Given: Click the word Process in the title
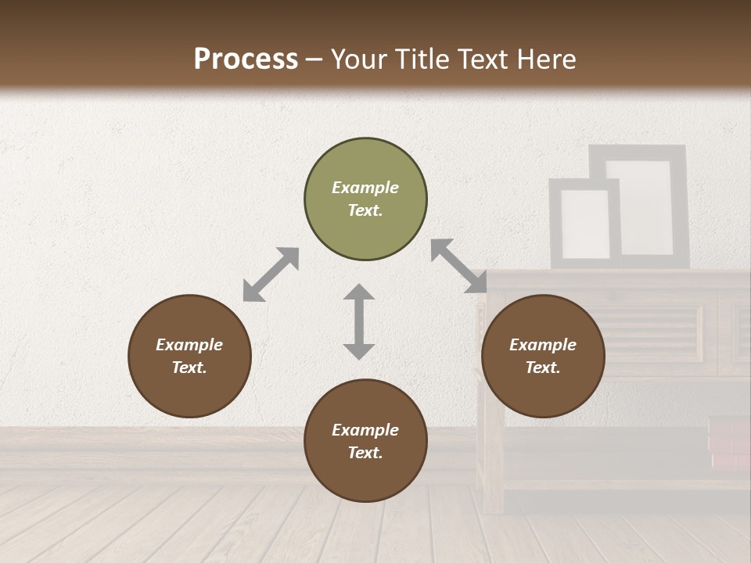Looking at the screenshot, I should pyautogui.click(x=246, y=59).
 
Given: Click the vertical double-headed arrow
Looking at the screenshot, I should pyautogui.click(x=359, y=321).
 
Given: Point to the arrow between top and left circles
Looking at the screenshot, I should pyautogui.click(x=271, y=274).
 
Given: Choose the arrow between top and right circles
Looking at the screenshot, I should pyautogui.click(x=458, y=266).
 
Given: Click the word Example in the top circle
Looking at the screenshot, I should pyautogui.click(x=365, y=188).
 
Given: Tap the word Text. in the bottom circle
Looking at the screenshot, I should pyautogui.click(x=365, y=453).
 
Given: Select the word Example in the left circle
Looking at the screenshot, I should pyautogui.click(x=189, y=345).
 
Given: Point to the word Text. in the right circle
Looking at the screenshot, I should pyautogui.click(x=543, y=368).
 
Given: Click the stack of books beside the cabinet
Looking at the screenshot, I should pyautogui.click(x=729, y=443).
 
